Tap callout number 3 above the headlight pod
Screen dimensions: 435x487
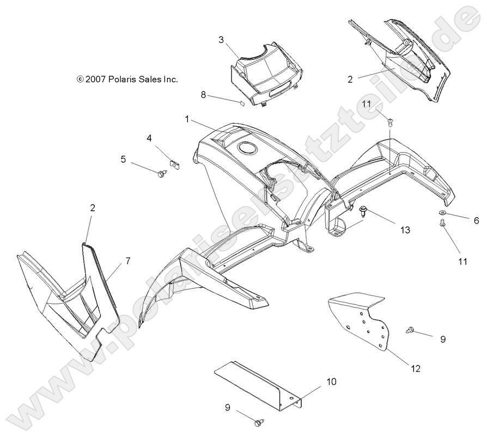(x=221, y=40)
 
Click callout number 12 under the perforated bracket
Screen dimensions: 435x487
(x=416, y=369)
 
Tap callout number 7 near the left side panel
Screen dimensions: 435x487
(x=127, y=261)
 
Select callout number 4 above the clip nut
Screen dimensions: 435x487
(x=149, y=138)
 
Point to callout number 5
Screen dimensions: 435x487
(x=123, y=159)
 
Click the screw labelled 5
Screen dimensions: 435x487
(x=161, y=174)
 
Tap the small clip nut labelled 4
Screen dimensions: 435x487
(x=175, y=162)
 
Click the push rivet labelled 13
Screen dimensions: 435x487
(x=363, y=210)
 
